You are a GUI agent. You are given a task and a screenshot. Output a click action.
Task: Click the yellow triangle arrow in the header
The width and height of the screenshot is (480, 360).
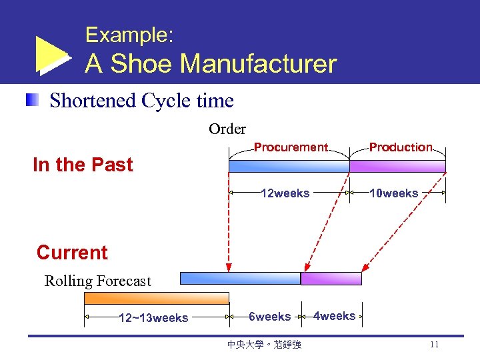click(51, 54)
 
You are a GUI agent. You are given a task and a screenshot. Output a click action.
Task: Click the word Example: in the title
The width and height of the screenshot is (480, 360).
click(129, 35)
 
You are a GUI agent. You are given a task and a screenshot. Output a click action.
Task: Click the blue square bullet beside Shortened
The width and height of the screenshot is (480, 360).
click(32, 101)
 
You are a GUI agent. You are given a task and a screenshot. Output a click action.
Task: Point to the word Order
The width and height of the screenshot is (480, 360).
click(227, 129)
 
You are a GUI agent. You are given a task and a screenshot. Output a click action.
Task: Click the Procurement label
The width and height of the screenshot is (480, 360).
click(291, 147)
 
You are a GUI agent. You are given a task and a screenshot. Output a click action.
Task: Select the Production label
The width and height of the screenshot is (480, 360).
click(401, 147)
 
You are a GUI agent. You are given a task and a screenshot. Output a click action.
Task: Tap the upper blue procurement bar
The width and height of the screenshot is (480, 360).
click(289, 166)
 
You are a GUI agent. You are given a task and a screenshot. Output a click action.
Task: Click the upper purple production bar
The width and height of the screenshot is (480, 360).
click(398, 166)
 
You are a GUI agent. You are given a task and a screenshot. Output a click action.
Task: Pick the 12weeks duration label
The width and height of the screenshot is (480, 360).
click(285, 193)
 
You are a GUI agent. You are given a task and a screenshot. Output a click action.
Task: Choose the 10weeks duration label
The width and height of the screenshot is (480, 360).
click(394, 193)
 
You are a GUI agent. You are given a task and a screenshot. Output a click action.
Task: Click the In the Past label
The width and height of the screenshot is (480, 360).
click(83, 165)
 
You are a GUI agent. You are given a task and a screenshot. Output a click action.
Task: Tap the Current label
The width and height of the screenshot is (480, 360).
click(72, 253)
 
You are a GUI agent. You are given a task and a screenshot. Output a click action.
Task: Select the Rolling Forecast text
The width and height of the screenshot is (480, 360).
click(98, 281)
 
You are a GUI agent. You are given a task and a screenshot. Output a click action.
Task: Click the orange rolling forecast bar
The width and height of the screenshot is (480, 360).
click(157, 298)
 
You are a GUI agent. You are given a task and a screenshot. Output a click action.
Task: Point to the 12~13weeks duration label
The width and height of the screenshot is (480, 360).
click(153, 317)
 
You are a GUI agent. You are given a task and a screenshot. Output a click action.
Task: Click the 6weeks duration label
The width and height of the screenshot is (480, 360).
click(269, 317)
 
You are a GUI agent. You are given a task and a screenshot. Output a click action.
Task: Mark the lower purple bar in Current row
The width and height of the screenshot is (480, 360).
click(331, 278)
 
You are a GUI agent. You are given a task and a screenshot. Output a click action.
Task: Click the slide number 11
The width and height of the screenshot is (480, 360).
click(434, 345)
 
